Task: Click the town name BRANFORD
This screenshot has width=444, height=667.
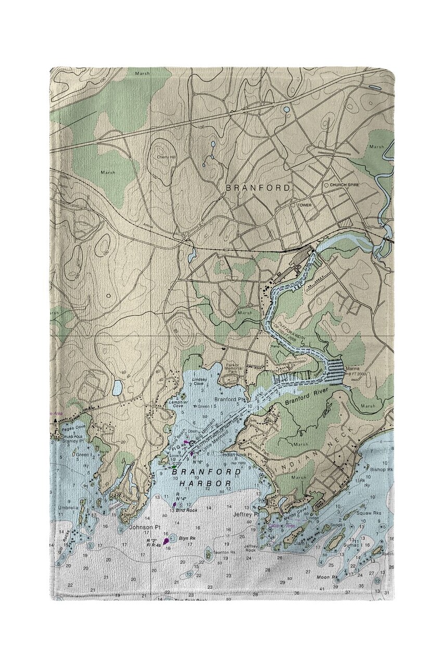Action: tap(258, 187)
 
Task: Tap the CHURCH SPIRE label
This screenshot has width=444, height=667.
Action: tap(345, 185)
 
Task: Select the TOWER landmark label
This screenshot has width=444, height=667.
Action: tap(305, 205)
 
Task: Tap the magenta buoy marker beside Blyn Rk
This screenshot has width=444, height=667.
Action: tap(167, 541)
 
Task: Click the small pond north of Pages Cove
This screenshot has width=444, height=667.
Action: tap(118, 388)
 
